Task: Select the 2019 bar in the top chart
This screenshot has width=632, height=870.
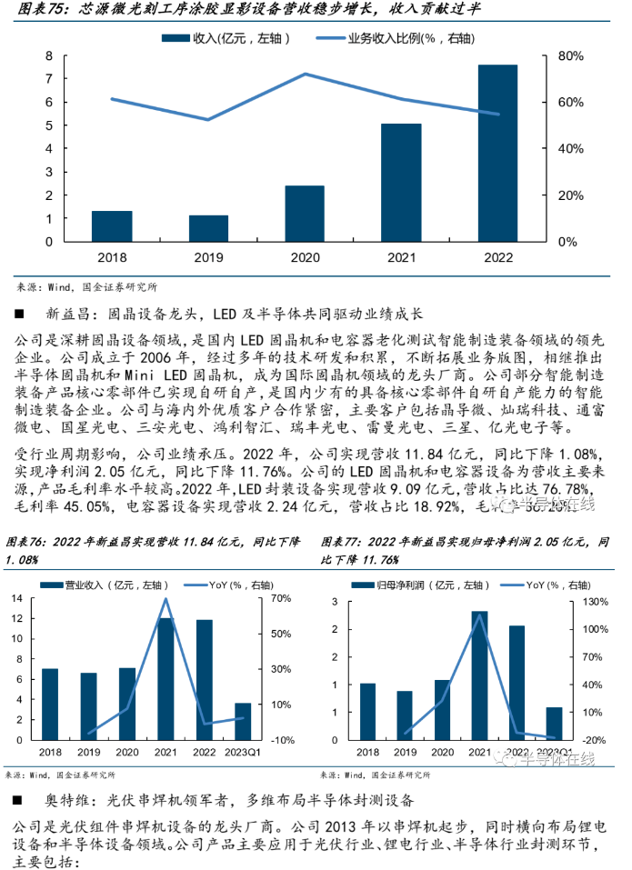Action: [x=208, y=228]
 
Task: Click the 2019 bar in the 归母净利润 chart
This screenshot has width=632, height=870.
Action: [x=404, y=715]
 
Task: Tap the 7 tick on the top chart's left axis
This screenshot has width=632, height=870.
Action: [x=51, y=79]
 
